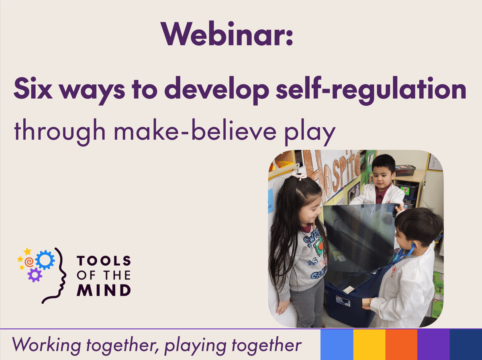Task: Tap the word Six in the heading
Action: pos(33,88)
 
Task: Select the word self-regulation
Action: pos(371,90)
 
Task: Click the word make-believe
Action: pos(195,130)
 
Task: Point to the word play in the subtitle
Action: pos(310,132)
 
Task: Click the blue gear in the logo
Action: pos(45,260)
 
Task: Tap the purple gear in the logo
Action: pos(35,275)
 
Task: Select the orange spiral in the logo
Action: pos(29,262)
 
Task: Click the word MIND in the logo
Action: pos(104,290)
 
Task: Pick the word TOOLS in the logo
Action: pos(104,261)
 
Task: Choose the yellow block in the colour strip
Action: pos(370,344)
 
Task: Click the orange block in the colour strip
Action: pos(401,344)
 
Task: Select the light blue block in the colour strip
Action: pos(337,344)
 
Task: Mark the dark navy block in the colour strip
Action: pos(466,344)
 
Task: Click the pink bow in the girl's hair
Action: pos(299,176)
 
